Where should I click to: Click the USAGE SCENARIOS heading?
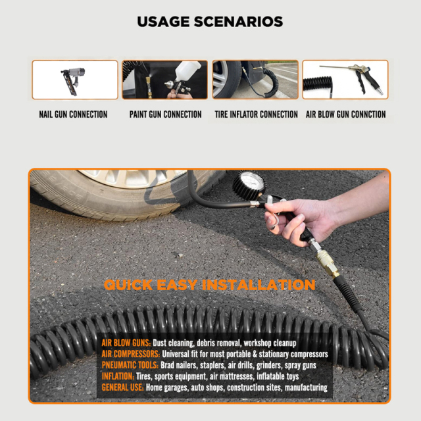(210, 22)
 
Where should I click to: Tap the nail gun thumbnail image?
(75, 80)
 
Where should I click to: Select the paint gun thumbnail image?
(164, 80)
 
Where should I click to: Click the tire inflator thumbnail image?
(255, 80)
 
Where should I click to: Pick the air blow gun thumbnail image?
(345, 80)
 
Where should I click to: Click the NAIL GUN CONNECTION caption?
(73, 114)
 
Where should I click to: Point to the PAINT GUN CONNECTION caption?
(165, 114)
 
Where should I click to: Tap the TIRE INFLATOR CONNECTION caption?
(256, 114)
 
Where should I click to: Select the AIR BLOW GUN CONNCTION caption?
(346, 114)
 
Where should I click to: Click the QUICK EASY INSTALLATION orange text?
(209, 285)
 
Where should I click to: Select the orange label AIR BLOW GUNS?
(126, 343)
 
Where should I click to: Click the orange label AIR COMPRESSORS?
(130, 355)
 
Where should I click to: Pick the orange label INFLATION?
(118, 376)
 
